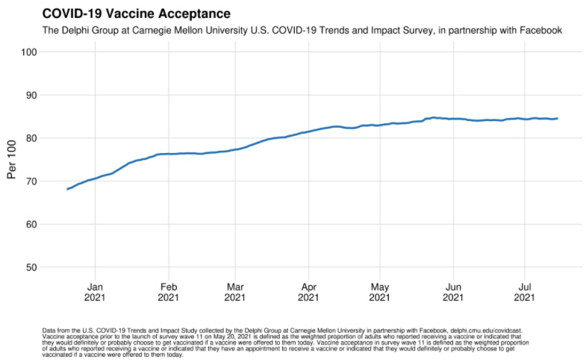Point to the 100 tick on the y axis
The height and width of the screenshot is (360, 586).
[x=29, y=52]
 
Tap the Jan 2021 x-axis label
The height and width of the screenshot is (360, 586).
[x=95, y=291]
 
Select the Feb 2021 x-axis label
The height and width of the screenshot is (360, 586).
[x=169, y=291]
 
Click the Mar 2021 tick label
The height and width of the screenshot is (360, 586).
[x=235, y=291]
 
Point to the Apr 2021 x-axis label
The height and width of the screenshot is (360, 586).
[x=308, y=291]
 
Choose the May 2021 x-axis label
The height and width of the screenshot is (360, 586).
[x=380, y=291]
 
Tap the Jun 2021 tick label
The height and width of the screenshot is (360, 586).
[x=453, y=291]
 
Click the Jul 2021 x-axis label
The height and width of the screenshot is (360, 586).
[x=525, y=291]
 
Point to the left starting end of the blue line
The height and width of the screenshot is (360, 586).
[x=67, y=189]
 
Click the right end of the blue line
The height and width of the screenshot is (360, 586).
[x=557, y=118]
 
